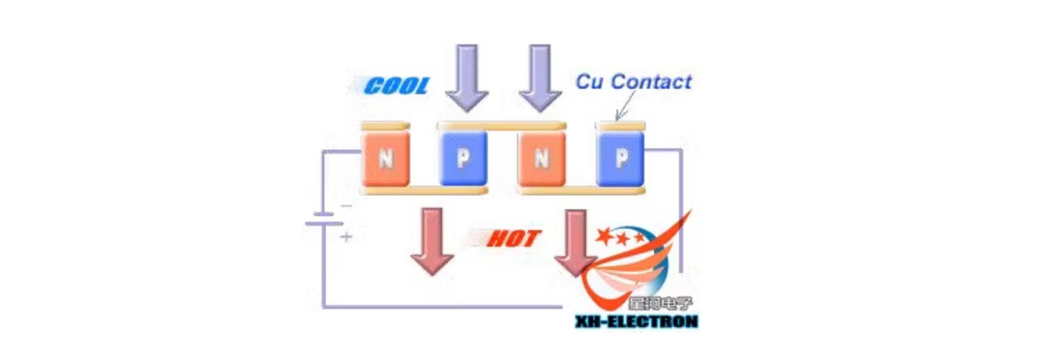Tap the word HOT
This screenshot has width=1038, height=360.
[x=514, y=239]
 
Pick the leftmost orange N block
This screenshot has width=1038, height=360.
[x=385, y=159]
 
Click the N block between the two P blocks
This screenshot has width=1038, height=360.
[x=542, y=159]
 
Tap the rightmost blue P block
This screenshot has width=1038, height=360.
[x=621, y=159]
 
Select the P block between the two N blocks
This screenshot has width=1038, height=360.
[x=463, y=159]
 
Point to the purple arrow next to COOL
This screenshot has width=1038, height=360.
[x=467, y=77]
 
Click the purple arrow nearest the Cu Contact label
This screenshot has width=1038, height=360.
[x=540, y=77]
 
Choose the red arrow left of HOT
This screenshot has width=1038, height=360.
[x=432, y=241]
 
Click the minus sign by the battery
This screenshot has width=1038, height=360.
[x=346, y=206]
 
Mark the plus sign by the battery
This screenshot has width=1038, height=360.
[x=346, y=237]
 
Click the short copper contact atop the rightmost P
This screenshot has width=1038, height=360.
[x=620, y=126]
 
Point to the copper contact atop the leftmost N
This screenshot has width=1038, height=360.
[x=385, y=126]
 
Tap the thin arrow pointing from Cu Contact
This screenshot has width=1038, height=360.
[x=626, y=107]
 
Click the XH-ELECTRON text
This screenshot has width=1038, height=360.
[x=636, y=321]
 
